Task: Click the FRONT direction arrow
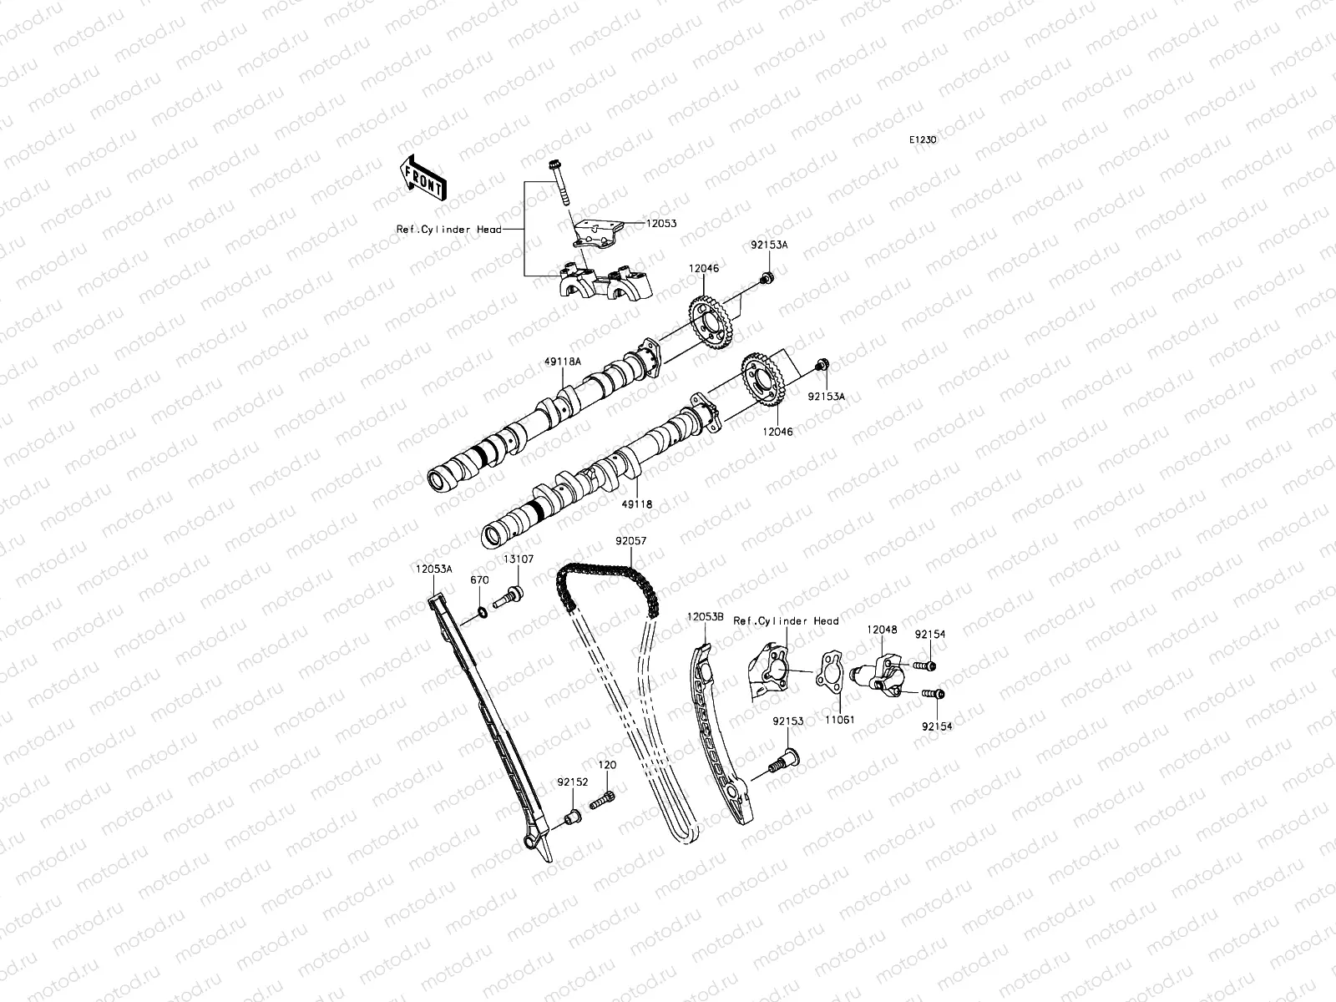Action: tap(423, 177)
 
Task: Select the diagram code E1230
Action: tap(923, 140)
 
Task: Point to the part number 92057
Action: tap(630, 540)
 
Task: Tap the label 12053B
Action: tap(704, 616)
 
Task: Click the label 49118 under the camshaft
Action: tap(636, 504)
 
